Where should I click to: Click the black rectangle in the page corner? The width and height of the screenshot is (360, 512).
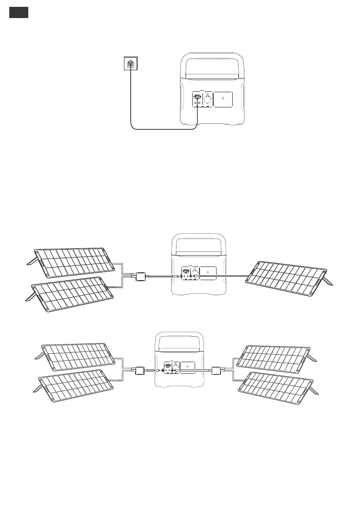tap(19, 13)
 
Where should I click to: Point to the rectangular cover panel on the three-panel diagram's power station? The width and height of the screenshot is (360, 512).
tap(208, 272)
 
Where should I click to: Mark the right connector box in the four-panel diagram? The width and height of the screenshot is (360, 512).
tap(218, 370)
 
